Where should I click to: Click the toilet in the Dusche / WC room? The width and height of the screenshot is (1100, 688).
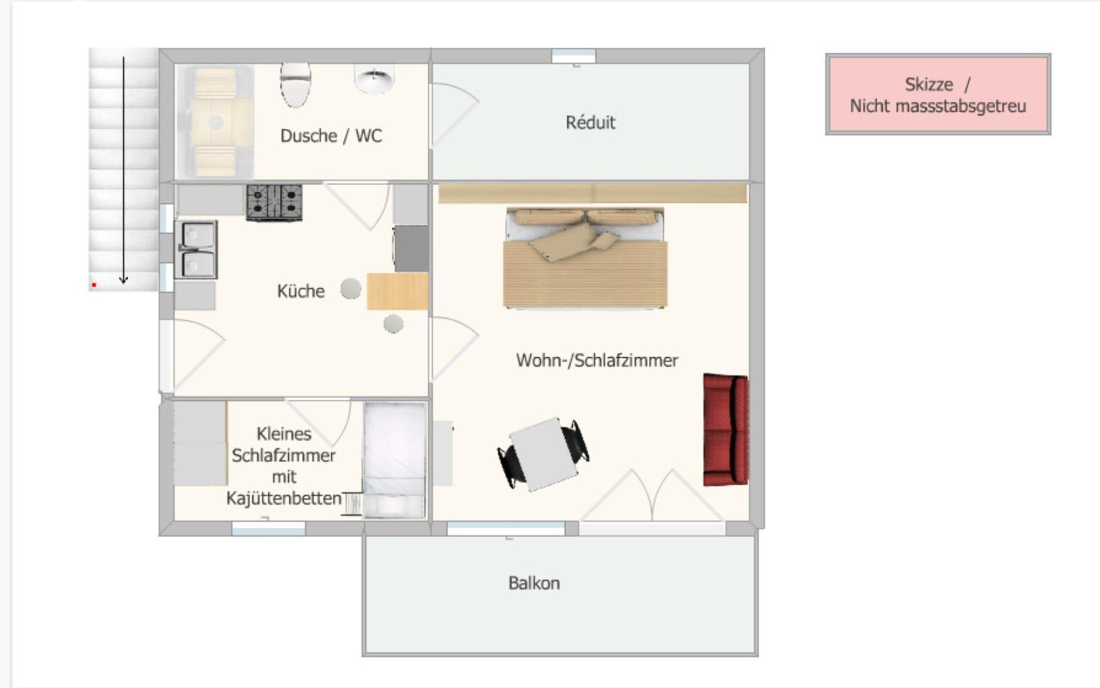click(x=295, y=84)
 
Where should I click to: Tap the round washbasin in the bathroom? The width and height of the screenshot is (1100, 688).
click(x=374, y=78)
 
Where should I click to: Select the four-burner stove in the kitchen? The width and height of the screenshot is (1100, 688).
click(x=274, y=202)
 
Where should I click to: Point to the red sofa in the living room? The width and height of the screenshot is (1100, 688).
click(x=726, y=430)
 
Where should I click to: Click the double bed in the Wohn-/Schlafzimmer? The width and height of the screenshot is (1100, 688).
click(x=585, y=258)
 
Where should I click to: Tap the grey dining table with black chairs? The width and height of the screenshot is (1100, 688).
click(x=544, y=454)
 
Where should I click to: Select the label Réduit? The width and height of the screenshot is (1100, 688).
click(x=590, y=123)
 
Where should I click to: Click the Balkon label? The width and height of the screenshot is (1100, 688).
click(x=534, y=583)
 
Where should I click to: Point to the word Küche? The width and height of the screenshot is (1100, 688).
click(x=301, y=291)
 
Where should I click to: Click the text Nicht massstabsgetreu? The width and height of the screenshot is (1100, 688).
click(x=938, y=106)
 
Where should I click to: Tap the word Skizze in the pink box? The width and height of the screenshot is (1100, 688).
click(x=929, y=85)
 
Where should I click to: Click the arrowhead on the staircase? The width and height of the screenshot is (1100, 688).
click(x=123, y=280)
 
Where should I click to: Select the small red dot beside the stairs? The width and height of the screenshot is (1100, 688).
click(x=94, y=284)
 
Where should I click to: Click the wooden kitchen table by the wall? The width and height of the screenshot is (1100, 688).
click(x=397, y=291)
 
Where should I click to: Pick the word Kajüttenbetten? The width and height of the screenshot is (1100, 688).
click(x=284, y=499)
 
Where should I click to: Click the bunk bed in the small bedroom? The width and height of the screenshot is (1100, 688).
click(x=395, y=460)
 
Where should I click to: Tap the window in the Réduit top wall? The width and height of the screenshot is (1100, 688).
click(x=574, y=56)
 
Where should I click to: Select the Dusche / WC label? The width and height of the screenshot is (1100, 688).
click(x=331, y=136)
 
